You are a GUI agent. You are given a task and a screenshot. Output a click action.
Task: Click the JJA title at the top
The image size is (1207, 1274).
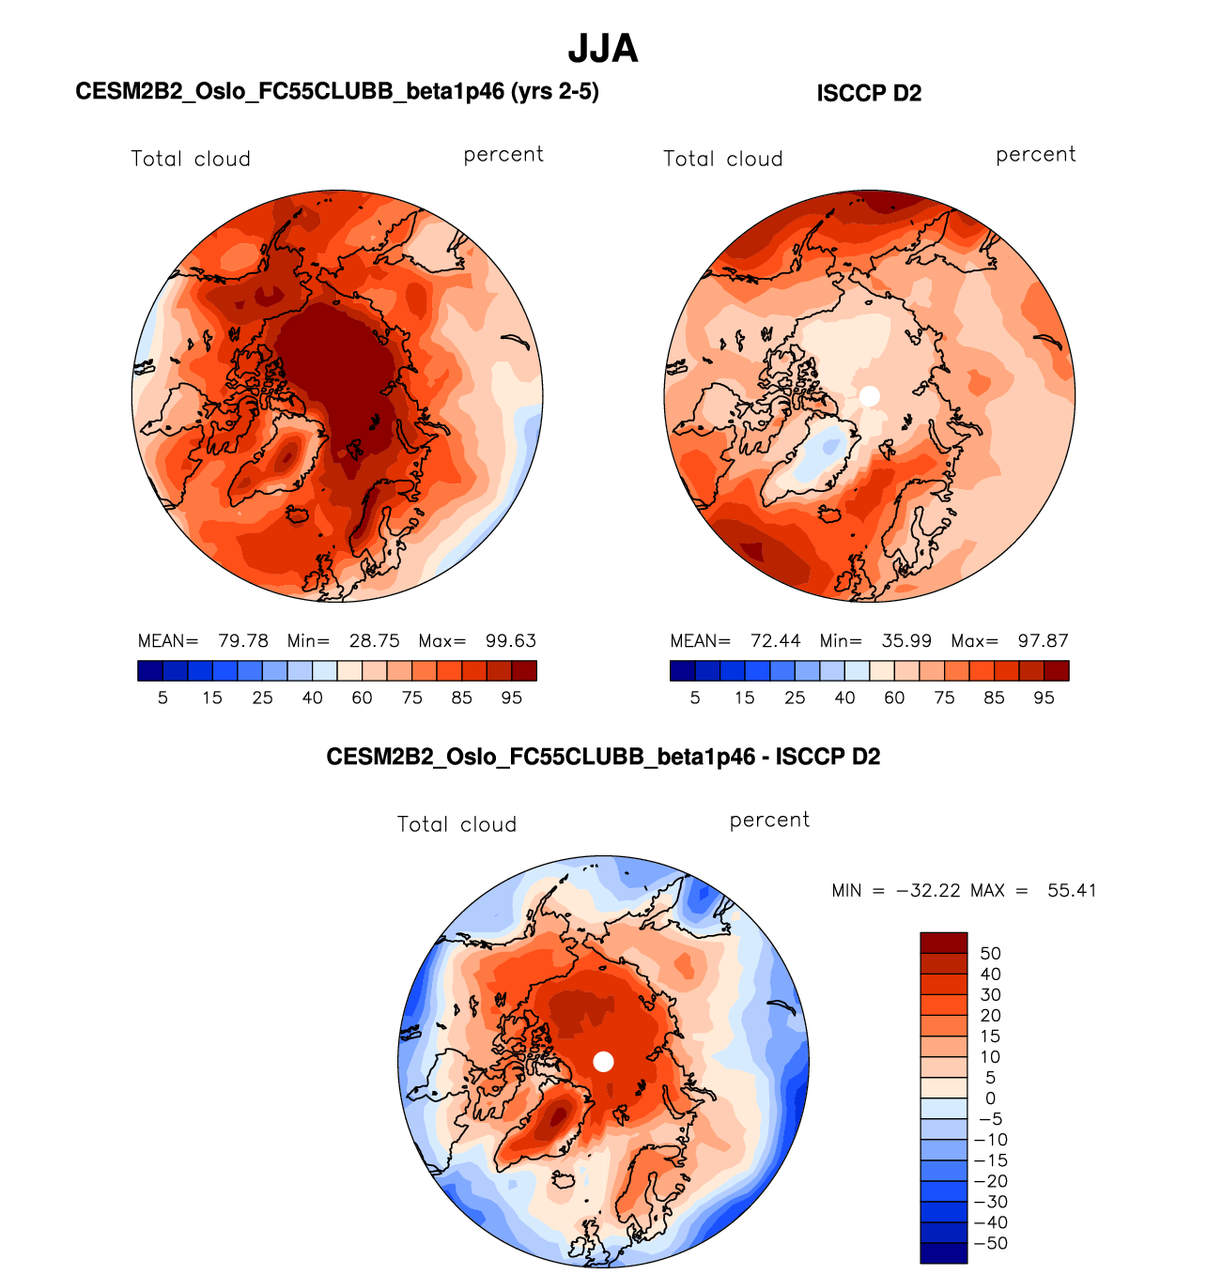(x=603, y=49)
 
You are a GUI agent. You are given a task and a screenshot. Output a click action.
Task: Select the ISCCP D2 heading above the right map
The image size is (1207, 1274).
(x=869, y=93)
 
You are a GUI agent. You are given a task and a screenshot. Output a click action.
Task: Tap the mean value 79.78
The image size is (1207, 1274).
(x=243, y=641)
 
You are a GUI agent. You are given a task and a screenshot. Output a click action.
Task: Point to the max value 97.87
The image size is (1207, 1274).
(x=1043, y=641)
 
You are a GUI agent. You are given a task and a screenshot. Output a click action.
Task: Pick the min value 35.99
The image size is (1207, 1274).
(x=906, y=641)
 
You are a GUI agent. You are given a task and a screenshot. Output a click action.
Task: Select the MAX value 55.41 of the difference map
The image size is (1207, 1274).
(x=1072, y=890)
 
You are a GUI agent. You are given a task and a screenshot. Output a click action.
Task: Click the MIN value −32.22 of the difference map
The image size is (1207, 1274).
(x=928, y=890)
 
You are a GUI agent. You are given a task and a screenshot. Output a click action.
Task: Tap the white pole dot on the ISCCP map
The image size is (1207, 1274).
(x=870, y=396)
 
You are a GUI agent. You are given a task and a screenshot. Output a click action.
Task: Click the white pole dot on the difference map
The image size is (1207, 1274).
(x=604, y=1061)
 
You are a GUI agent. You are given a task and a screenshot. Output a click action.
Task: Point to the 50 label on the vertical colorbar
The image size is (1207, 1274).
(x=990, y=954)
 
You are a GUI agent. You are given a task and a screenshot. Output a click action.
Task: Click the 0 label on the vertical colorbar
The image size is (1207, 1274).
(x=990, y=1098)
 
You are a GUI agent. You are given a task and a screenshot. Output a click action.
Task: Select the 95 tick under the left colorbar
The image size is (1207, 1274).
(x=511, y=698)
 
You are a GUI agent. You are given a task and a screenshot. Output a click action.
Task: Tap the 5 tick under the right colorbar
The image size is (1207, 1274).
(x=695, y=698)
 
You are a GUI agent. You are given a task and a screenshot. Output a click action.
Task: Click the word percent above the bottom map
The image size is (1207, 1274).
(x=769, y=820)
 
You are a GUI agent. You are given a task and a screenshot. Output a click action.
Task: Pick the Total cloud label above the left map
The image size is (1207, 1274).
(x=191, y=159)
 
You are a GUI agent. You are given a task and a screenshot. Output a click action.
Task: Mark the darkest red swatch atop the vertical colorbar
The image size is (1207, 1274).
(x=943, y=943)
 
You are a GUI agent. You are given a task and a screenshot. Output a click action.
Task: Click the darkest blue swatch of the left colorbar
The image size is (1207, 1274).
(x=150, y=670)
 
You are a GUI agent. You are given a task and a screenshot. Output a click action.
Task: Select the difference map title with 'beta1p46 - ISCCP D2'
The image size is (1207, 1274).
(x=603, y=757)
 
